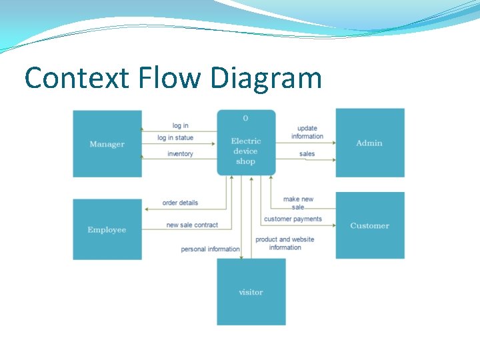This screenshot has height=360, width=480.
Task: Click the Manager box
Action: [107, 144]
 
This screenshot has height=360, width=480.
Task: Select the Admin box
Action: [369, 143]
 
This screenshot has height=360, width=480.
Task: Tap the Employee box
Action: [107, 229]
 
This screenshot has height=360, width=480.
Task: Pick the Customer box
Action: [369, 225]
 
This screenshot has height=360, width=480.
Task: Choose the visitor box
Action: [251, 292]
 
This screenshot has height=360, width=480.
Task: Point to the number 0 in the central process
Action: [245, 118]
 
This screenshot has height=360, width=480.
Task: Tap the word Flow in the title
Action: [169, 78]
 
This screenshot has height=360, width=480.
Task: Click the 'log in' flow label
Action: [180, 125]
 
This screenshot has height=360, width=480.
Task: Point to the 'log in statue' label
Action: [175, 138]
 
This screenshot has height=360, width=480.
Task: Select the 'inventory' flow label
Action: [180, 154]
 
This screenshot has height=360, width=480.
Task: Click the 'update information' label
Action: [307, 132]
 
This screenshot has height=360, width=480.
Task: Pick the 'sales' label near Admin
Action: [307, 154]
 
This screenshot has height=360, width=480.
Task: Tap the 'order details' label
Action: [180, 203]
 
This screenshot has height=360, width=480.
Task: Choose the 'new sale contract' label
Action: [192, 225]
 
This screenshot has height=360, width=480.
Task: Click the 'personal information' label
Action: [210, 249]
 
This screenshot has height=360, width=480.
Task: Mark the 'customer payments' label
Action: [293, 219]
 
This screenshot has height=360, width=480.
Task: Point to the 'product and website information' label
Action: [285, 243]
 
